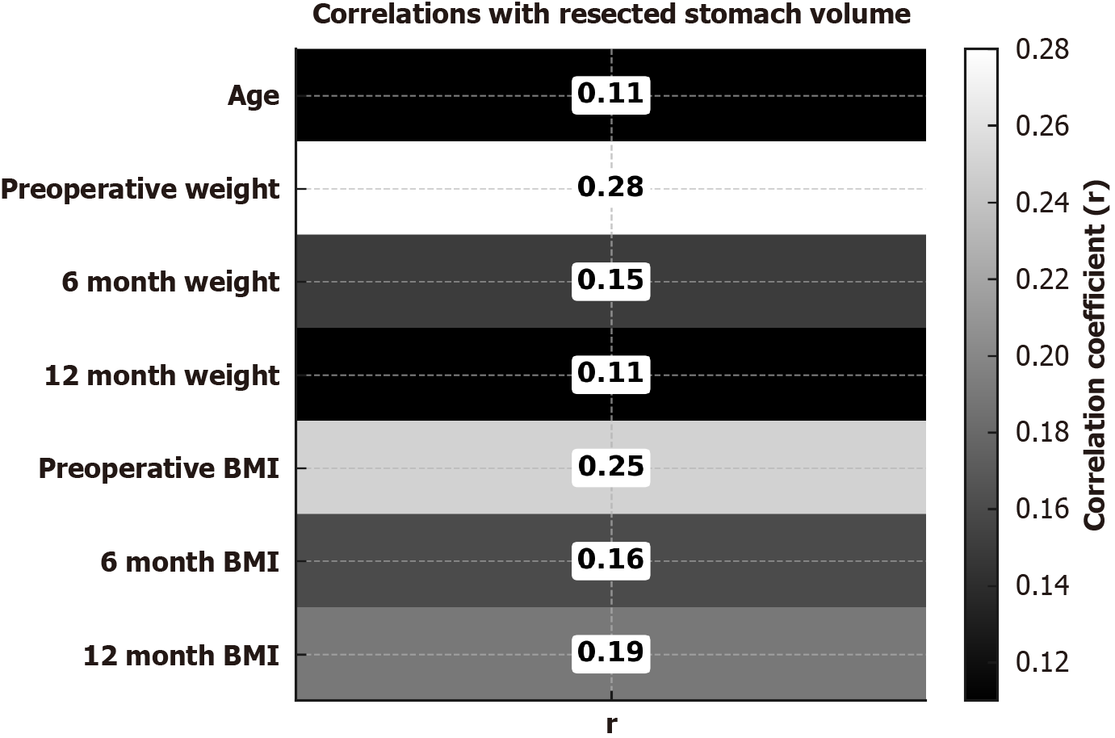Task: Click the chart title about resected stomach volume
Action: pos(611,15)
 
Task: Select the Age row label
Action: pos(254,96)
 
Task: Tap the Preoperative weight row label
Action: pos(140,190)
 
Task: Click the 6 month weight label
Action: pos(170,283)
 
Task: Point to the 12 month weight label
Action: pos(162,375)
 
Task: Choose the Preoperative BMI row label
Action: pos(159,469)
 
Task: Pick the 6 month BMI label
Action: pos(190,562)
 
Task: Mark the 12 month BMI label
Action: pos(182,655)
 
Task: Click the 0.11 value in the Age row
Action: pos(611,94)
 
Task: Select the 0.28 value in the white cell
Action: pos(611,187)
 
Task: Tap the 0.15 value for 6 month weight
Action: pos(611,280)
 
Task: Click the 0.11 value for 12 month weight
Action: pos(611,373)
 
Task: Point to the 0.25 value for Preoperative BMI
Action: pos(611,467)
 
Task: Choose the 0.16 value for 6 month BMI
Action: pos(611,560)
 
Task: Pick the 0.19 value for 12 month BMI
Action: pos(611,652)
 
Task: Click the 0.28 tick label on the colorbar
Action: pos(1042,50)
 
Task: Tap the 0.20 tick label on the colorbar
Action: pos(1042,356)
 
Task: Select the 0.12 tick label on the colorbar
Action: pos(1042,662)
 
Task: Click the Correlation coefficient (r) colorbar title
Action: pos(1095,355)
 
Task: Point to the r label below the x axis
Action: pos(611,723)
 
